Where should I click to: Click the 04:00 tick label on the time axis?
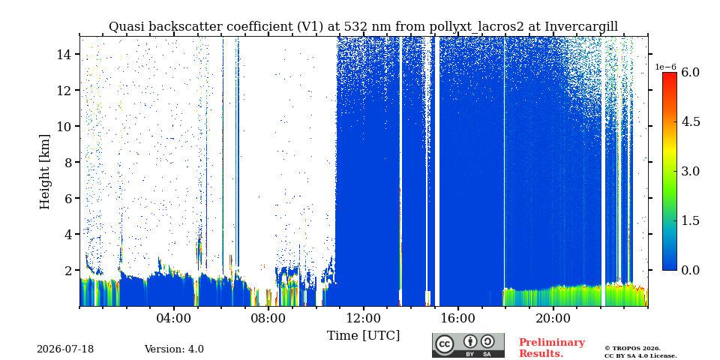click(174, 318)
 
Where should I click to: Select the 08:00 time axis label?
click(268, 318)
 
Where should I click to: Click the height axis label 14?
click(63, 54)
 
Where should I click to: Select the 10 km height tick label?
click(63, 126)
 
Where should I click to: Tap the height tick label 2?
click(67, 270)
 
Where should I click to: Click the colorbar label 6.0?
click(690, 73)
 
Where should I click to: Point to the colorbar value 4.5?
click(690, 122)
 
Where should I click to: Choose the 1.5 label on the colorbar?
click(690, 220)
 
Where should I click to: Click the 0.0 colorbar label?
click(690, 270)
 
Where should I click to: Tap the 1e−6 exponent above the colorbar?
click(666, 67)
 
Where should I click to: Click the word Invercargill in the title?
click(581, 27)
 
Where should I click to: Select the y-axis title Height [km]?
click(44, 172)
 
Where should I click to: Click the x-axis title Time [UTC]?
click(363, 336)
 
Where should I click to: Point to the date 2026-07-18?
click(65, 349)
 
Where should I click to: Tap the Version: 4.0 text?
click(174, 349)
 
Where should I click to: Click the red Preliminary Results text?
click(552, 348)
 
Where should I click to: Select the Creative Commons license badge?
click(468, 345)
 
